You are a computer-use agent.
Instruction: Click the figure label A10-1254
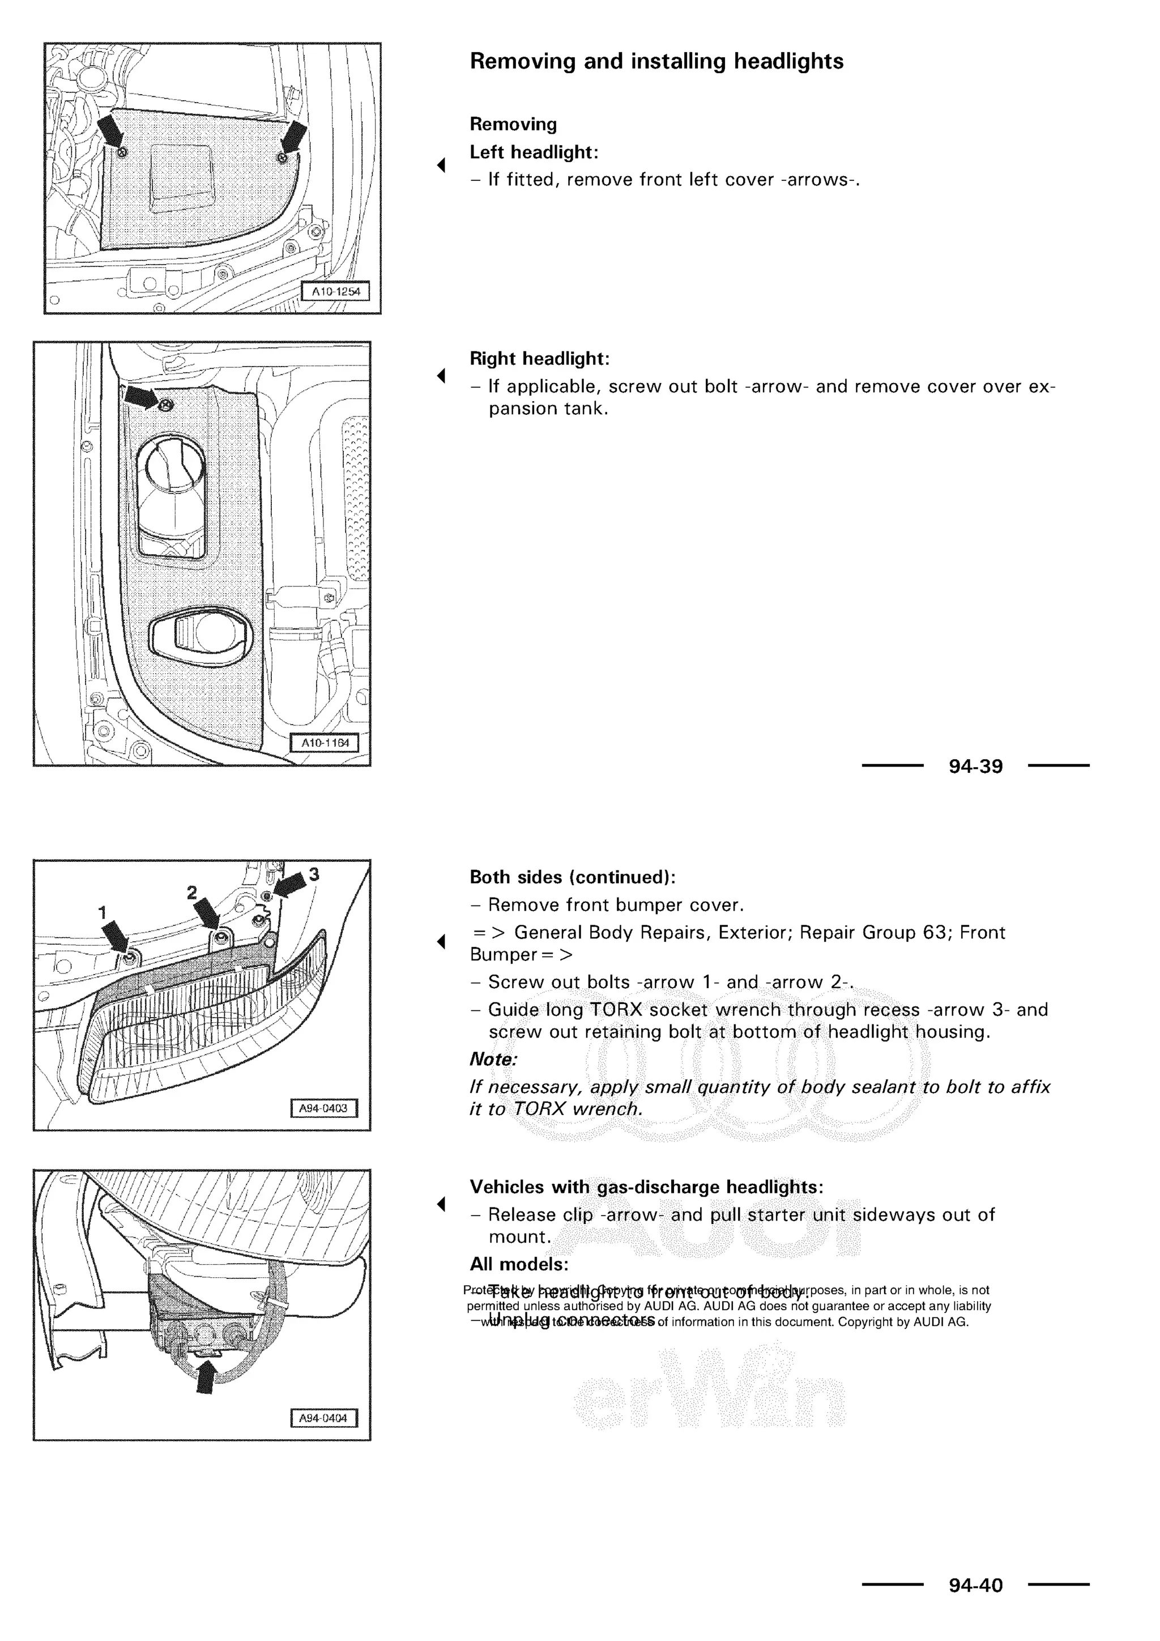pos(336,292)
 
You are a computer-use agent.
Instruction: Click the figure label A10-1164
pos(325,743)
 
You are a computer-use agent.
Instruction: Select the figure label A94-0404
pos(323,1418)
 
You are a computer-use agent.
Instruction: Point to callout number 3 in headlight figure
pos(314,874)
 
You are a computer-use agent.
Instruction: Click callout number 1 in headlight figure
pos(102,913)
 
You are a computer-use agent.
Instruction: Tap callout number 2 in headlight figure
pos(191,892)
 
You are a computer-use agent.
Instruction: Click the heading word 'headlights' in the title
pos(788,61)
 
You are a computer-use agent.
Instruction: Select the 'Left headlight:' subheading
pos(534,152)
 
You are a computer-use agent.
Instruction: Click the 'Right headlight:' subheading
pos(539,358)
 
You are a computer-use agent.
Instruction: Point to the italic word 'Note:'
pos(493,1059)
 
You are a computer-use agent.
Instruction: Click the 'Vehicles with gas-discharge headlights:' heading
pos(646,1187)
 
